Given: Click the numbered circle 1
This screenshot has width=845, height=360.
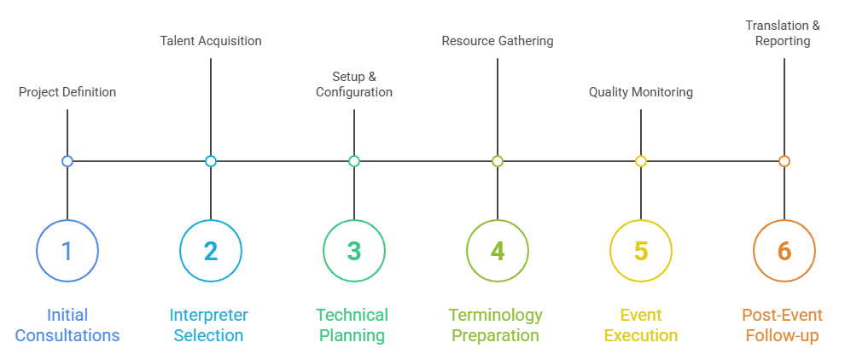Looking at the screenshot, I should tap(67, 251).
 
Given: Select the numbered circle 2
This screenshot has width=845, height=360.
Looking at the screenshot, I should tap(211, 251).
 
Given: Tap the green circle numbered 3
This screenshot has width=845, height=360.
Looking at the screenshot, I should tap(354, 251).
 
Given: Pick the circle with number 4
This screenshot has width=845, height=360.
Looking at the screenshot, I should tap(498, 251).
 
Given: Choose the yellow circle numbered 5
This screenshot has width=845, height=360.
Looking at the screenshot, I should tap(641, 251).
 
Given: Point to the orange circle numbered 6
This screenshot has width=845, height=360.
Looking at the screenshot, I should tap(784, 251).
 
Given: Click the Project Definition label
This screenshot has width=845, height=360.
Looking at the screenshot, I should tap(67, 92).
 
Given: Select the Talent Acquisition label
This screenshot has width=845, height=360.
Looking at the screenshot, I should tap(211, 41).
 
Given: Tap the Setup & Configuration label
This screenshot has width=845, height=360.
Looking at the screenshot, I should tap(354, 84).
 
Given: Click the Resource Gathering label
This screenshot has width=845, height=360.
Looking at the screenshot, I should tap(498, 41).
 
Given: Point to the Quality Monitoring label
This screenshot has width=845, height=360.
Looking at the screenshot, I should tap(641, 92).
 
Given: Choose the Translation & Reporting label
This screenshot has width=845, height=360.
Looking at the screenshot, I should tap(783, 33).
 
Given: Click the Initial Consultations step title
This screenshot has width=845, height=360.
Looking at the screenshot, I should tap(67, 325).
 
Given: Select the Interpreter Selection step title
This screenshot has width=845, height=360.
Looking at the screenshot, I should tap(209, 325).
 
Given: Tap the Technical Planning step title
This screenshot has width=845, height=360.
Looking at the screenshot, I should tap(353, 325).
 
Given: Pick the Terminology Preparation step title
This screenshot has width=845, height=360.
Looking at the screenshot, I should tap(496, 325).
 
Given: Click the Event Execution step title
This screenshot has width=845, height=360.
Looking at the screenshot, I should tap(641, 325).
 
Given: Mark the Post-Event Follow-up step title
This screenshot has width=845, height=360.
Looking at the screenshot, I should tap(783, 325).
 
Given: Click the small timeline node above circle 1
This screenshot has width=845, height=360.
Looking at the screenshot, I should tap(67, 161).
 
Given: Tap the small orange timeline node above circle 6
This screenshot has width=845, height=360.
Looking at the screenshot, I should tap(784, 161).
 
